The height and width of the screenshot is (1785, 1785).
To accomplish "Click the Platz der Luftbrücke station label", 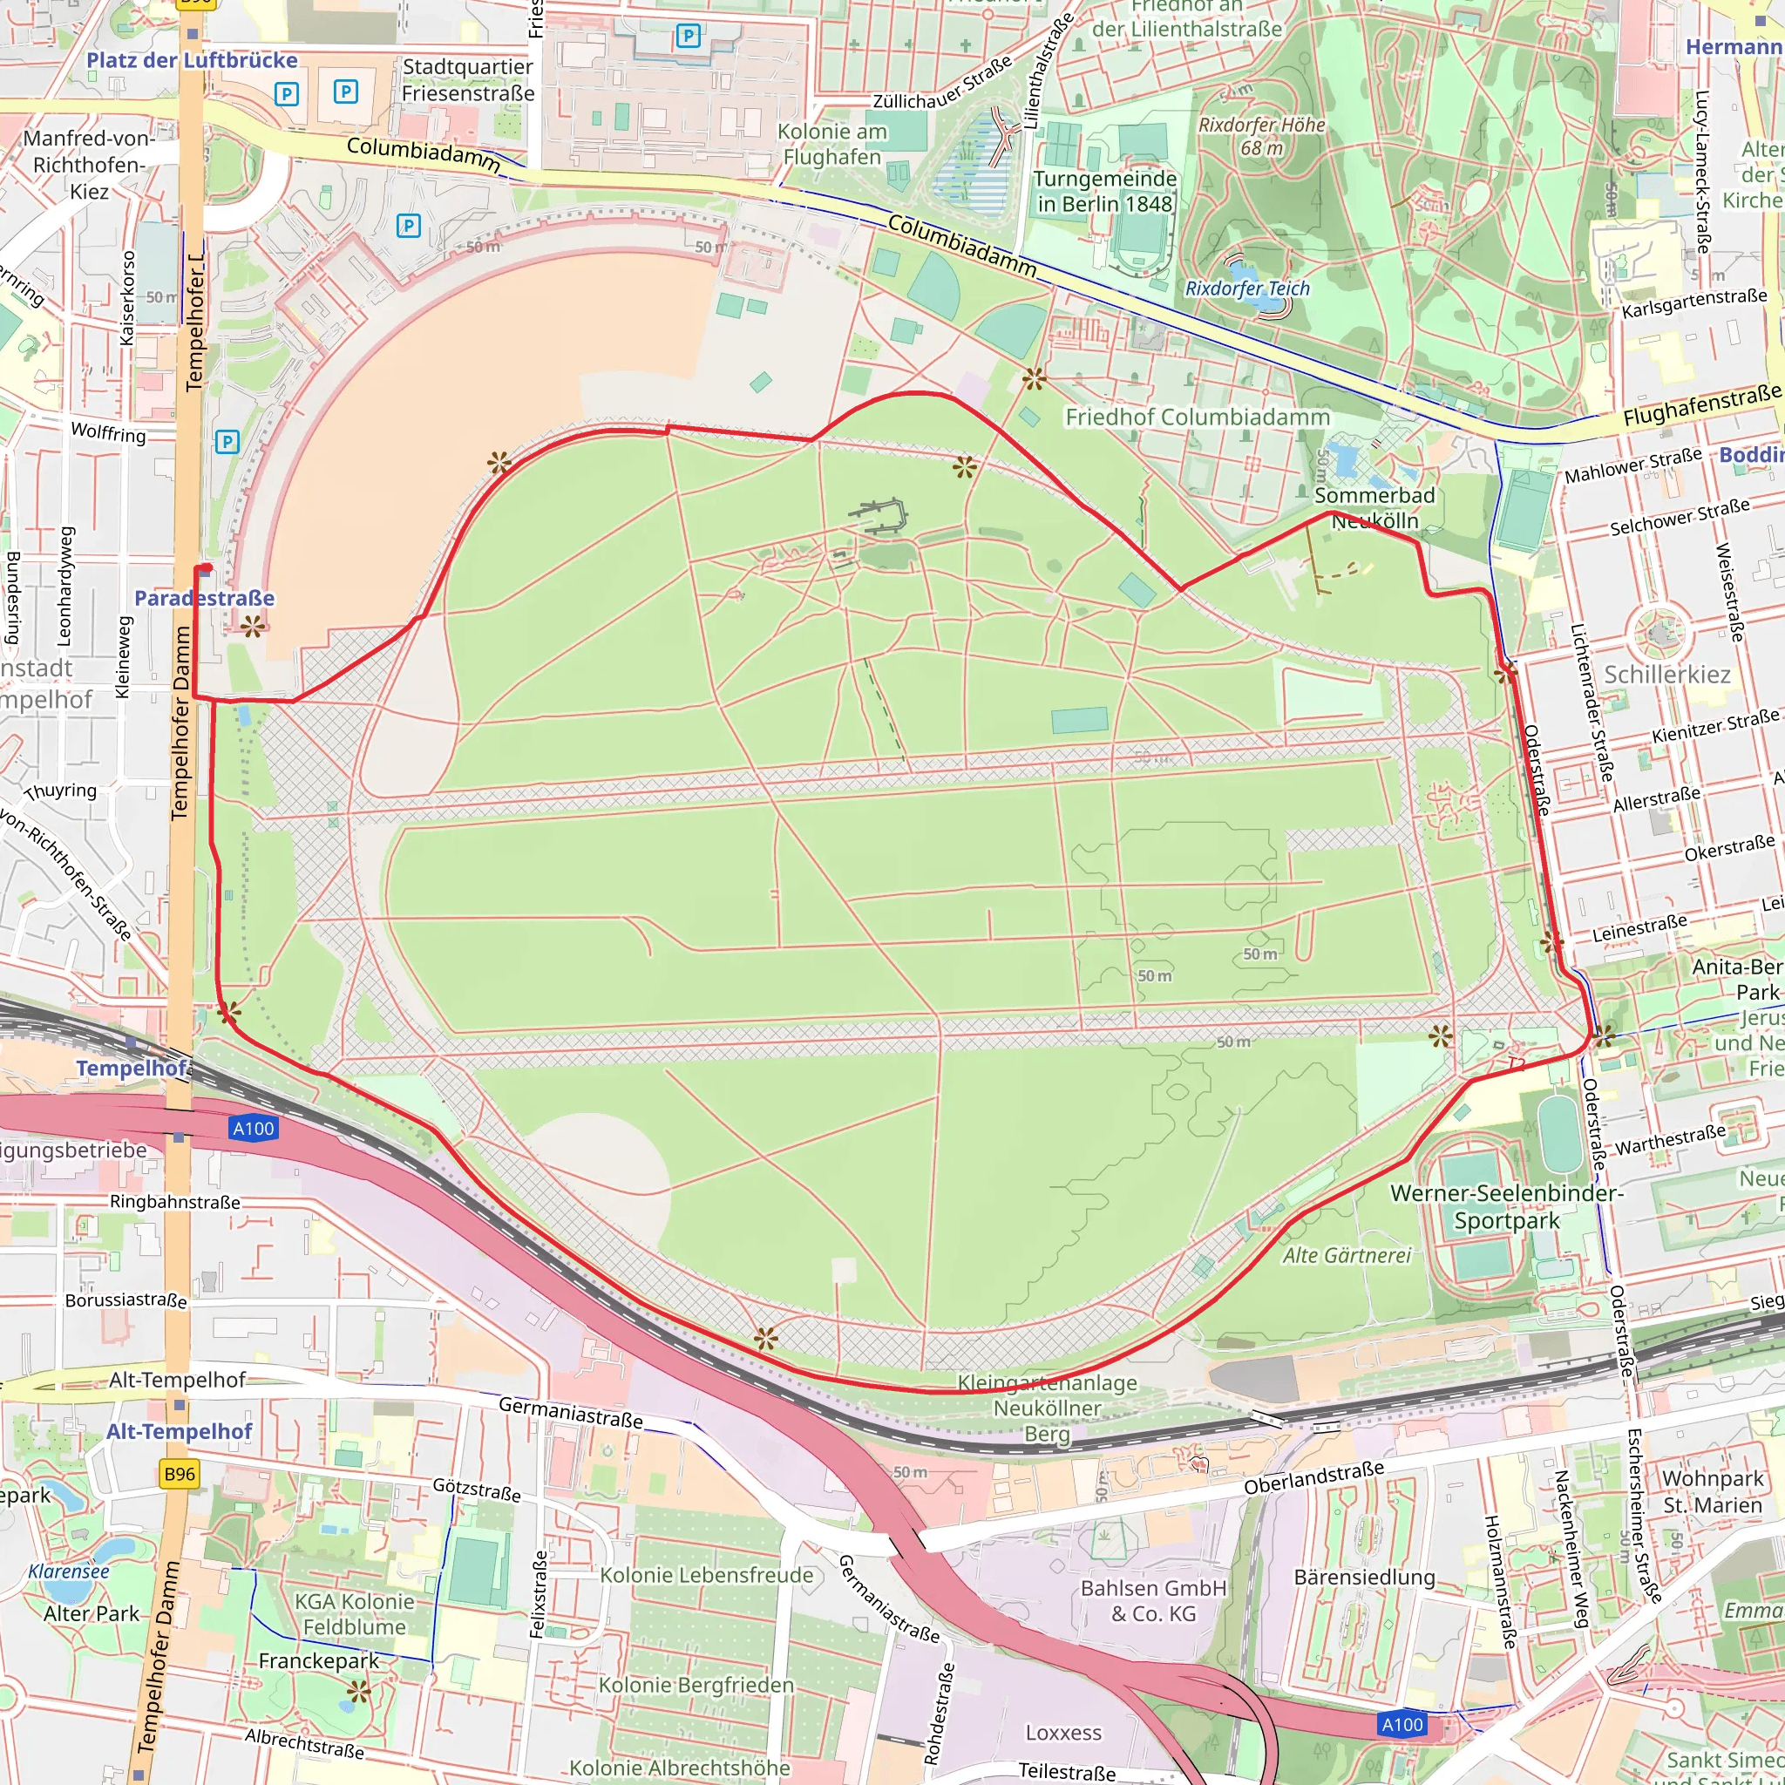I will click(x=191, y=61).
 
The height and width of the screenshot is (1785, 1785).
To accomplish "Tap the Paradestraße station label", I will click(x=204, y=598).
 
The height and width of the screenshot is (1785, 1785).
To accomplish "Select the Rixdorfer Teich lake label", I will click(x=1247, y=288).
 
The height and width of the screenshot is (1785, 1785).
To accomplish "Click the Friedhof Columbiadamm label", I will click(x=1198, y=417).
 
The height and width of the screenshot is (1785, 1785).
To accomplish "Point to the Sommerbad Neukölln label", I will click(x=1374, y=508).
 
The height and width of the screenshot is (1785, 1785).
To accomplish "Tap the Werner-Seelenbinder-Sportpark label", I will click(x=1506, y=1206).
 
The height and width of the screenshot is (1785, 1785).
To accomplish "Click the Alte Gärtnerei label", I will click(x=1346, y=1256).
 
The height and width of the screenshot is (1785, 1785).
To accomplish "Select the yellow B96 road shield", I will click(x=180, y=1474).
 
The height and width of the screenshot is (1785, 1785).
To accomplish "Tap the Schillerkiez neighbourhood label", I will click(x=1666, y=675).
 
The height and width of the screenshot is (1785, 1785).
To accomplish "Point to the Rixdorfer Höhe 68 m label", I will click(x=1261, y=136).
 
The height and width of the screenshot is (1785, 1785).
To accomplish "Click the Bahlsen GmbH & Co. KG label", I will click(x=1153, y=1601).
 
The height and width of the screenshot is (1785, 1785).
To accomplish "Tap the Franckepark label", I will click(x=319, y=1661).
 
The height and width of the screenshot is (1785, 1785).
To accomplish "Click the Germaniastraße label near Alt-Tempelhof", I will click(x=570, y=1412).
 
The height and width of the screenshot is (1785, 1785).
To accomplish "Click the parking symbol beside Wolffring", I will click(x=227, y=442).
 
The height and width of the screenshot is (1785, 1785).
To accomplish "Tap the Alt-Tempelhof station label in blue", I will click(x=180, y=1431).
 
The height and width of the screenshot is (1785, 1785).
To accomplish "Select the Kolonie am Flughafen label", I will click(x=831, y=144).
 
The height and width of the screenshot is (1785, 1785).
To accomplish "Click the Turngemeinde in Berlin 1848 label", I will click(x=1104, y=191).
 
